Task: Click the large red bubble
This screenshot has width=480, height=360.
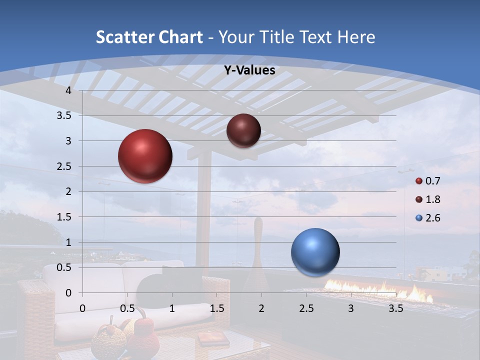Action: pyautogui.click(x=145, y=156)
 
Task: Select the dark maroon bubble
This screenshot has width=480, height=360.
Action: pyautogui.click(x=243, y=130)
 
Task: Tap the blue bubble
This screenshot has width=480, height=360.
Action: pyautogui.click(x=315, y=252)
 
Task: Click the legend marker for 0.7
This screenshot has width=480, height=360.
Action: pyautogui.click(x=419, y=181)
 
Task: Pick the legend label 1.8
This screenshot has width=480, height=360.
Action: pyautogui.click(x=432, y=199)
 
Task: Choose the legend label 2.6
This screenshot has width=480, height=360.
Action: pyautogui.click(x=432, y=218)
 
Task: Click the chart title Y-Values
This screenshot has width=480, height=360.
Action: pyautogui.click(x=249, y=70)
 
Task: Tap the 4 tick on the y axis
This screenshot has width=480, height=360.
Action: pyautogui.click(x=69, y=90)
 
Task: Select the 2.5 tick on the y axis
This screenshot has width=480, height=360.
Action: pyautogui.click(x=64, y=166)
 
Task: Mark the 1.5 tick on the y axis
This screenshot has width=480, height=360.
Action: pyautogui.click(x=64, y=217)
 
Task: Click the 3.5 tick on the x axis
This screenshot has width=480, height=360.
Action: pyautogui.click(x=395, y=308)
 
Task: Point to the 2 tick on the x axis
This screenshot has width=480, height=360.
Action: pyautogui.click(x=261, y=308)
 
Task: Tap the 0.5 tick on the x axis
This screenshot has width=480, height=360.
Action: pyautogui.click(x=127, y=308)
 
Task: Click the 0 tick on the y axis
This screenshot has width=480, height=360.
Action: pyautogui.click(x=69, y=293)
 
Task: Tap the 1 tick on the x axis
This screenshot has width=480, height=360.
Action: pyautogui.click(x=172, y=308)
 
